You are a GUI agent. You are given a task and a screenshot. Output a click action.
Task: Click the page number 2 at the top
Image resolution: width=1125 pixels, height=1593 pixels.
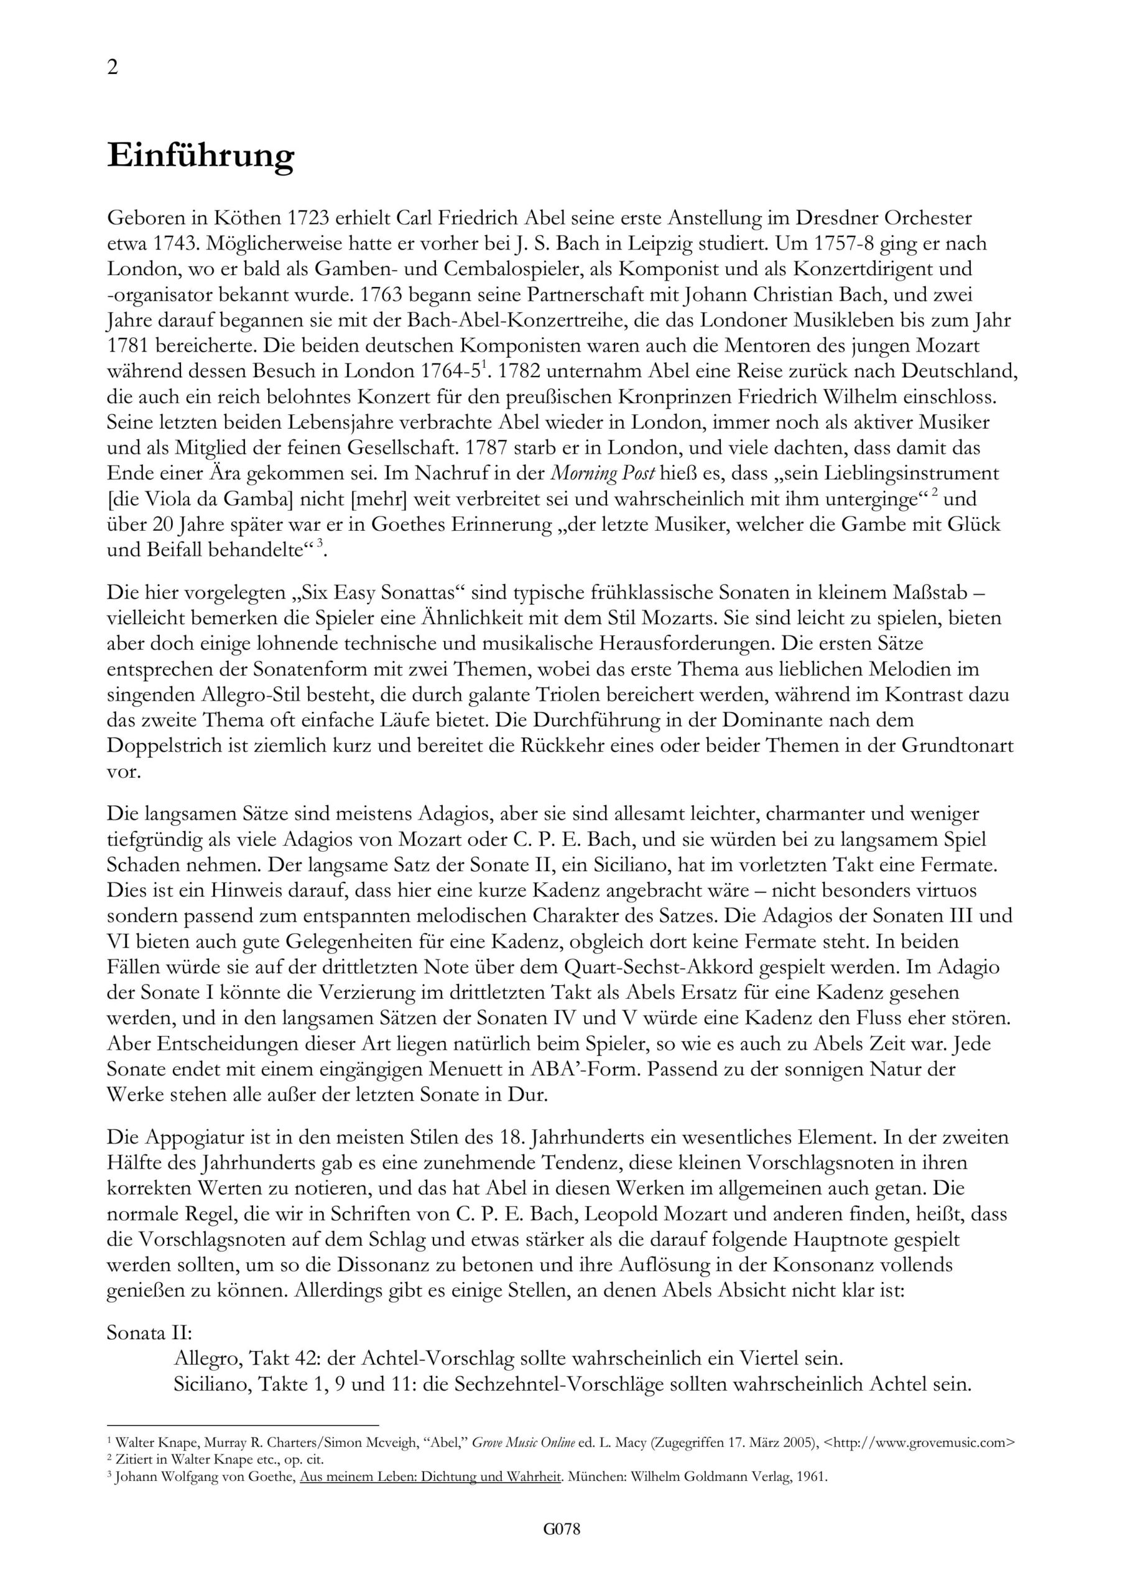point(113,67)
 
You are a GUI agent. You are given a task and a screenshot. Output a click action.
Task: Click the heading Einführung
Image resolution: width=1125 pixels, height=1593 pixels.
point(200,156)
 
